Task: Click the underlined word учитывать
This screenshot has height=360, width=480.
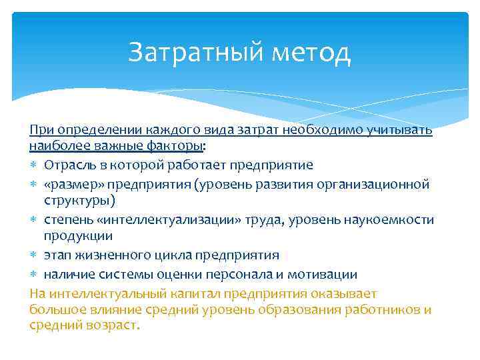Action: coord(403,129)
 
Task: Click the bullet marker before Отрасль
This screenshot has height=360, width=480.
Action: coord(34,165)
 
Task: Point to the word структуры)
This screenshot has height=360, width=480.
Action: coord(79,201)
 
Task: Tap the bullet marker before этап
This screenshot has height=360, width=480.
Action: coord(34,256)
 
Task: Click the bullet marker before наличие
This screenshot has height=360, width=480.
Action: coord(34,274)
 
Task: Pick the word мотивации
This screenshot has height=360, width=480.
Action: coord(325,274)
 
